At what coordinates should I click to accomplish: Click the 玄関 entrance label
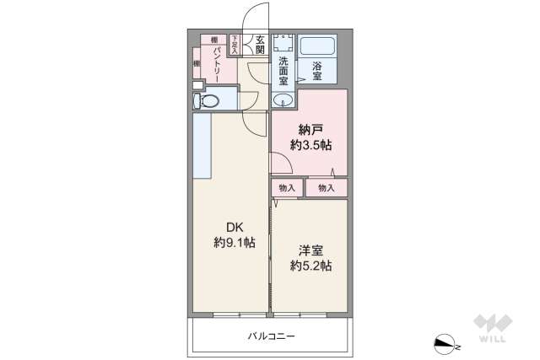261,44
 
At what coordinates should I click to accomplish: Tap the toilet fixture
208,102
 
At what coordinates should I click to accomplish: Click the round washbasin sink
283,100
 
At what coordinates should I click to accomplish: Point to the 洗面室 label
283,71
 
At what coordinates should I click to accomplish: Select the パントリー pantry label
217,64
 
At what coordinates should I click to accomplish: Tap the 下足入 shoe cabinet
235,45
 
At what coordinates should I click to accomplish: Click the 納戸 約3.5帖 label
310,137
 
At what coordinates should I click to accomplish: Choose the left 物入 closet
287,188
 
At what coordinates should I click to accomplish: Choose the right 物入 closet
327,188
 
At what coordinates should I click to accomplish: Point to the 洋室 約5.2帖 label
310,258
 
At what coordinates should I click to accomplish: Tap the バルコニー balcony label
271,336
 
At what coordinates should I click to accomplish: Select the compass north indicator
445,342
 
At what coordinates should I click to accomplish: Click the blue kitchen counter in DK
202,145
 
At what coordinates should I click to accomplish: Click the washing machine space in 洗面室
283,45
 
